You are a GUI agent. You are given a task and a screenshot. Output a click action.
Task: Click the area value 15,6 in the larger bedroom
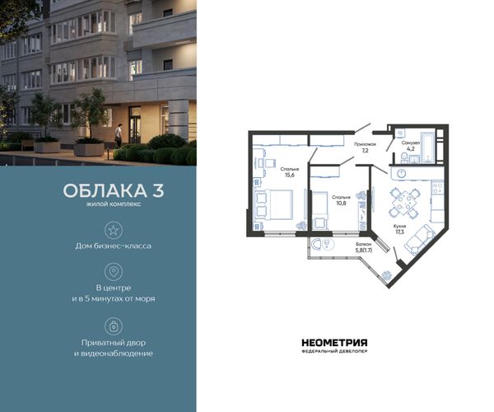[290, 175]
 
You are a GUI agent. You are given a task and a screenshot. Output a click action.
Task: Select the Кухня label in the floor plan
[399, 226]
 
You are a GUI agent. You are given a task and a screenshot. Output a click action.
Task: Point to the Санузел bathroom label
[411, 143]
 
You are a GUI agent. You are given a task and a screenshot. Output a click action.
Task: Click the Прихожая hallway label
[365, 144]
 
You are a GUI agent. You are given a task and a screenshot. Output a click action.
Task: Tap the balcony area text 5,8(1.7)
[364, 250]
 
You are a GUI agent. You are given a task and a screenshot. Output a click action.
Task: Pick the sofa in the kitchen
[418, 239]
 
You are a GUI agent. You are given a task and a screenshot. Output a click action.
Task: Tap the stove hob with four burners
[437, 188]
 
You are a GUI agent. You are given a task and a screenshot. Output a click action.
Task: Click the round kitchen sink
[402, 173]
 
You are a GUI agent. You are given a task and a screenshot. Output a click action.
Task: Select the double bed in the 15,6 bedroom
[273, 204]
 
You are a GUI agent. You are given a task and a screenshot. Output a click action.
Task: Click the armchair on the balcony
[315, 244]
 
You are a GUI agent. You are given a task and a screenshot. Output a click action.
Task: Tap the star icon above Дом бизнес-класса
[114, 230]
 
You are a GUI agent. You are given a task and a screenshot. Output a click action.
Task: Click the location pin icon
[114, 271]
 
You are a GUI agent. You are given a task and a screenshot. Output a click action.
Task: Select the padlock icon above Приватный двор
[114, 326]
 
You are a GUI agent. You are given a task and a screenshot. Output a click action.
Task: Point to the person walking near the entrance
[118, 135]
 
